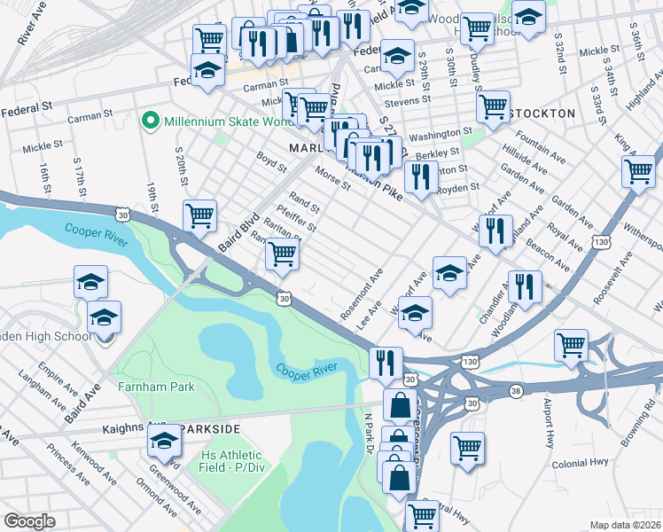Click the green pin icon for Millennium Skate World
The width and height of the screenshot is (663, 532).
[x=151, y=120]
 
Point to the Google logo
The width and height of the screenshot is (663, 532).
[x=29, y=521]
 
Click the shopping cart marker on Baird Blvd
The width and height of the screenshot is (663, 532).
[x=200, y=215]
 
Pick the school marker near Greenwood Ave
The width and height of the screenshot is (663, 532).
[x=165, y=441]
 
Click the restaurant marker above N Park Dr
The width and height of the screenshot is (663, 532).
[x=386, y=362]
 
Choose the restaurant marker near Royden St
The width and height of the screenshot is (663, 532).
[x=421, y=177]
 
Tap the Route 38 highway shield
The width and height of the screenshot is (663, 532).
[x=515, y=391]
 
